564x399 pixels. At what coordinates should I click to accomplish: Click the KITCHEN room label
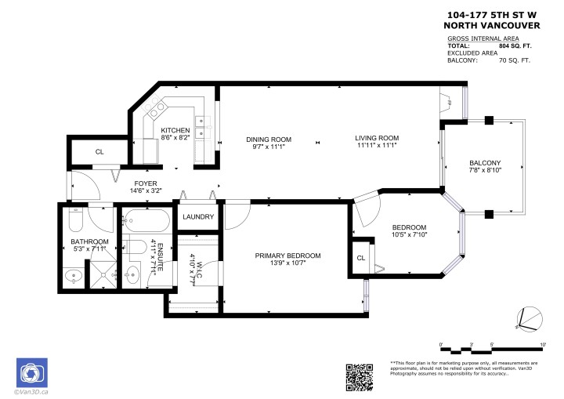click(175, 130)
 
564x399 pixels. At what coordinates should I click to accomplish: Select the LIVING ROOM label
click(378, 139)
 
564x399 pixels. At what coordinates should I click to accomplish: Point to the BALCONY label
click(486, 162)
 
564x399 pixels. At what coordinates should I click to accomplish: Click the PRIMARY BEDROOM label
click(287, 256)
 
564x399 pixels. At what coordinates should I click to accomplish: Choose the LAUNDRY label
click(197, 217)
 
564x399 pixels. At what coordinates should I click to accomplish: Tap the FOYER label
click(146, 183)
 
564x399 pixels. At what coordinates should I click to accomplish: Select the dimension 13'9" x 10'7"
click(287, 263)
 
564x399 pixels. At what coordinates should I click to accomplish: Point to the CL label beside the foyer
click(99, 152)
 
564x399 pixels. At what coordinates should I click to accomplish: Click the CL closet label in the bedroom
click(361, 258)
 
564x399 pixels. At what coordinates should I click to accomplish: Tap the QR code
click(360, 376)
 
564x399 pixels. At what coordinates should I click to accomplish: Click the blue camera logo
click(32, 371)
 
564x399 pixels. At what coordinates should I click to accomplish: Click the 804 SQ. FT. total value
click(520, 45)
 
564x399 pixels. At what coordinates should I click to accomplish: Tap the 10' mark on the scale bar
click(542, 343)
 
